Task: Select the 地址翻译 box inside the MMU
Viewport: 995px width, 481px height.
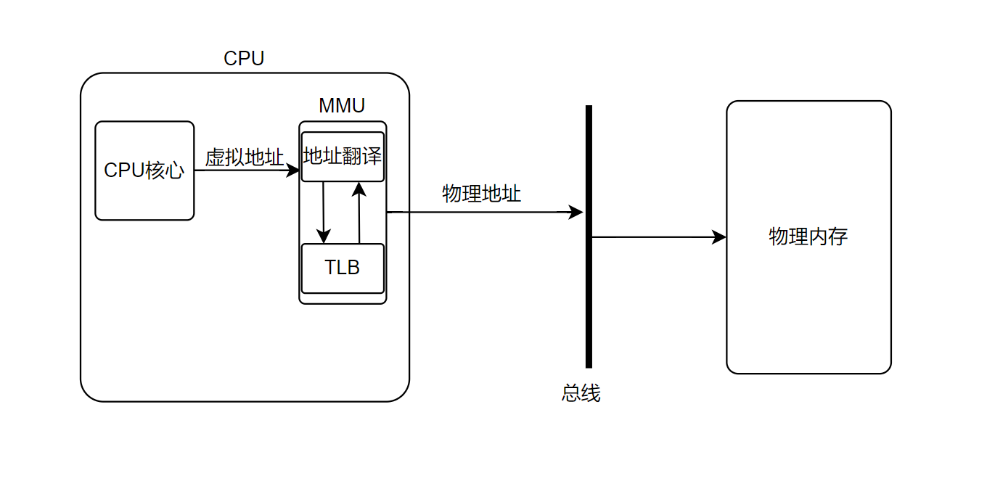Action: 343,157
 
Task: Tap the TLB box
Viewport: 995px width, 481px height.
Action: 343,268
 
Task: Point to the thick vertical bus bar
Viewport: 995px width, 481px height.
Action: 589,305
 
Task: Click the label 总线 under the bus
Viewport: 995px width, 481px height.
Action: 581,393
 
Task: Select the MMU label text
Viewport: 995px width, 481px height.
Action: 342,106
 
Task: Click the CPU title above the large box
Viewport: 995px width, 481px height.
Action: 244,59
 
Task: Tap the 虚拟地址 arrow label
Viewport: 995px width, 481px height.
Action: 245,157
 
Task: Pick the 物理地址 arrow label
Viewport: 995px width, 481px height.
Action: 482,194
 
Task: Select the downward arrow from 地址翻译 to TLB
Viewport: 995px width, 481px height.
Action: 324,210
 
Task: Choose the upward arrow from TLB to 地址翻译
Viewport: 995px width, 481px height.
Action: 359,214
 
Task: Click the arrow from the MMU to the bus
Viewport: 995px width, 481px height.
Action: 479,213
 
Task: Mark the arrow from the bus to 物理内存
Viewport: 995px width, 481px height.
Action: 653,237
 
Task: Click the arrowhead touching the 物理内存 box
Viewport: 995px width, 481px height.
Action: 719,237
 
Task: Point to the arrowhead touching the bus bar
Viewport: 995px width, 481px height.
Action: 576,213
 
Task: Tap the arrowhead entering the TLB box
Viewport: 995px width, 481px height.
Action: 324,237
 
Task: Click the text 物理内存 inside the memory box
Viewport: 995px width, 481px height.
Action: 808,237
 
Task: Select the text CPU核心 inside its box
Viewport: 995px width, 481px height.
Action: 144,170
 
